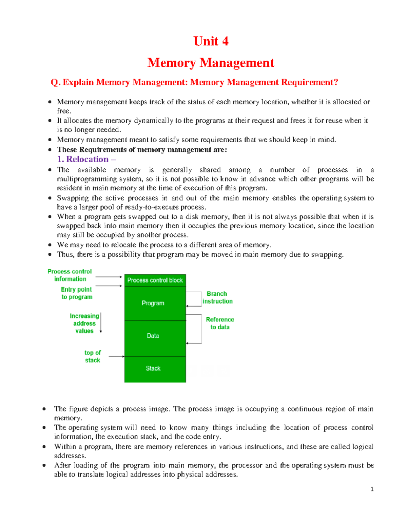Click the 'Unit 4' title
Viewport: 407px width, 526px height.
point(211,41)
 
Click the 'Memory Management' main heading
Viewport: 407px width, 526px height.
point(211,63)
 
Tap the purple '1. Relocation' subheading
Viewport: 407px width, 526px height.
point(86,159)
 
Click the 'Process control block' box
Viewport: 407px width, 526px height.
point(155,280)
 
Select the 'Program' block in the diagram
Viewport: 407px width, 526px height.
point(153,303)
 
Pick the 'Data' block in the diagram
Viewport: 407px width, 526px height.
point(153,336)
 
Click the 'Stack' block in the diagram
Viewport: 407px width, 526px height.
point(153,368)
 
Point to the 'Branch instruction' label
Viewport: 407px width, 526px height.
point(217,297)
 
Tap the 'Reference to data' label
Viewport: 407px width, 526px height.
point(220,323)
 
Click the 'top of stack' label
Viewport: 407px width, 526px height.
point(93,356)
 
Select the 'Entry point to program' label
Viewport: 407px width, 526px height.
point(77,293)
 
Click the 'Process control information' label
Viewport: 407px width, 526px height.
point(70,275)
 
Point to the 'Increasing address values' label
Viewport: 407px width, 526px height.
point(84,323)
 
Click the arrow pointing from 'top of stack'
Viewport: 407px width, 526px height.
point(117,356)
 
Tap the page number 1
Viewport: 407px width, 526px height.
point(372,489)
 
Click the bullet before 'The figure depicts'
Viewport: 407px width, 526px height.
point(44,409)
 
